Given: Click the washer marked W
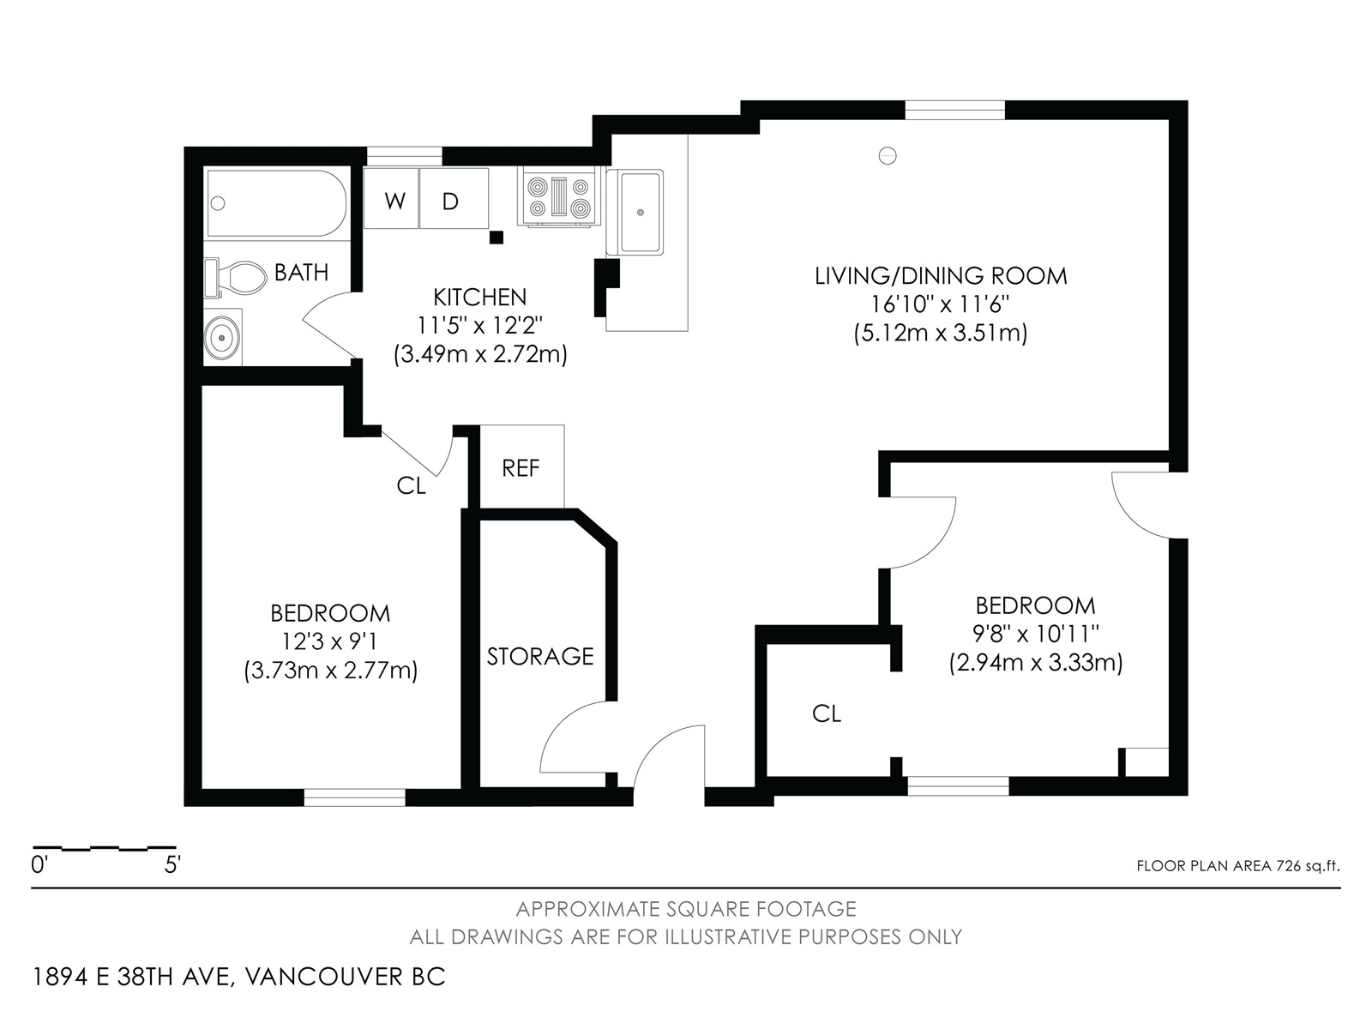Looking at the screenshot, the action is [x=391, y=198].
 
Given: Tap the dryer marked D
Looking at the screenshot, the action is [x=454, y=198].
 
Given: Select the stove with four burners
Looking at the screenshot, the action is [x=558, y=196].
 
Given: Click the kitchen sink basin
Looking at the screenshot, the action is [x=640, y=212].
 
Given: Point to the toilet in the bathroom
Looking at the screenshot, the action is [x=234, y=278].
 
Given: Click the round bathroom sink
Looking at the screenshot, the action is [x=222, y=337].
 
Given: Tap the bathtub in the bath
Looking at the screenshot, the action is [x=276, y=203].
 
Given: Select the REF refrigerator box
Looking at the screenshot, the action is [x=521, y=466].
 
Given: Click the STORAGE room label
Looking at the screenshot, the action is [x=540, y=657].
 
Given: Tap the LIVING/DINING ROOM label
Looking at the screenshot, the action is [x=941, y=275].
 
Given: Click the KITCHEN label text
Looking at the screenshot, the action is [x=480, y=297].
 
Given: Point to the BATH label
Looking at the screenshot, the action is [x=301, y=273].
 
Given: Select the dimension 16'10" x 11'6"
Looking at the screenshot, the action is [x=941, y=304].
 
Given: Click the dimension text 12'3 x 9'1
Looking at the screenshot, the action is [x=330, y=641].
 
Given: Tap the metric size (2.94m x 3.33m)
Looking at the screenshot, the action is [x=1036, y=663].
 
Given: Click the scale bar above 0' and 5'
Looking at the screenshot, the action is [x=105, y=849].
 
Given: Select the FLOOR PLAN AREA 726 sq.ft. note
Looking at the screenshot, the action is [x=1238, y=866].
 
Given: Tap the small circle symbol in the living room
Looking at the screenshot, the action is [x=888, y=155].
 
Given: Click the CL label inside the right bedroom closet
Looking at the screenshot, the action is [x=827, y=713].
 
